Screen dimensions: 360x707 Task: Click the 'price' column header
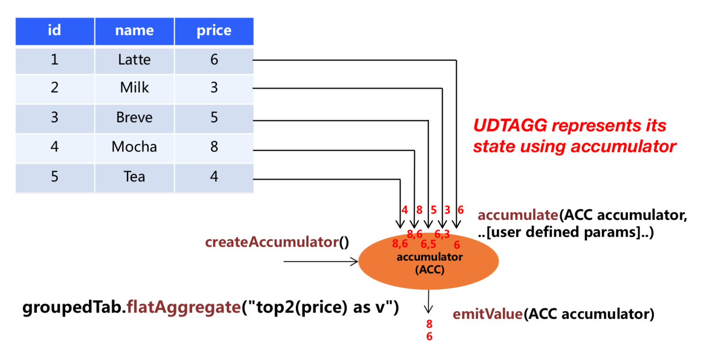tap(214, 31)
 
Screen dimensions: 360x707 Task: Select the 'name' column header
tap(134, 31)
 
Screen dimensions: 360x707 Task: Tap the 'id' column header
tap(55, 31)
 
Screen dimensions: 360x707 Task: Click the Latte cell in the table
tap(134, 60)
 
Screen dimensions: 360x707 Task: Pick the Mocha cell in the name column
tap(134, 147)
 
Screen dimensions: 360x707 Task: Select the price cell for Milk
tap(214, 88)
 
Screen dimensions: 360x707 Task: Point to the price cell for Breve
tap(214, 117)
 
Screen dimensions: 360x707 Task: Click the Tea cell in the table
tap(134, 177)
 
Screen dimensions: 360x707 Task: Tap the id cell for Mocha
tap(55, 147)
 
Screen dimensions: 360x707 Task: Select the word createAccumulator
tap(271, 242)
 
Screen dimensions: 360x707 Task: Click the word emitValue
tap(488, 314)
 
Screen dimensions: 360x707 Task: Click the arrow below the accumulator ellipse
tap(429, 301)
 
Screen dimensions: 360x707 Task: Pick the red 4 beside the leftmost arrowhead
tap(404, 210)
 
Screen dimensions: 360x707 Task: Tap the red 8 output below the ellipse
tap(429, 325)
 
